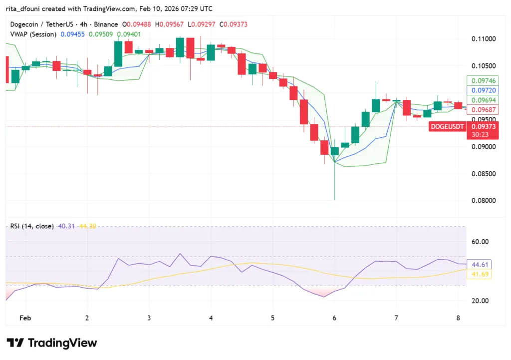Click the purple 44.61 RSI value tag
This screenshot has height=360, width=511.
[479, 264]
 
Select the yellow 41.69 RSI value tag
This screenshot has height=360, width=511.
[479, 274]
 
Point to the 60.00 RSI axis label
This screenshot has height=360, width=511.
[481, 242]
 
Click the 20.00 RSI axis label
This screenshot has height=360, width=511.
[481, 301]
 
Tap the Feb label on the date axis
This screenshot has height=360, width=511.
[25, 318]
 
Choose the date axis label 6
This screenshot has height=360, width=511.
[334, 318]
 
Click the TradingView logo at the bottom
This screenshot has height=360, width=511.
[52, 343]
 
